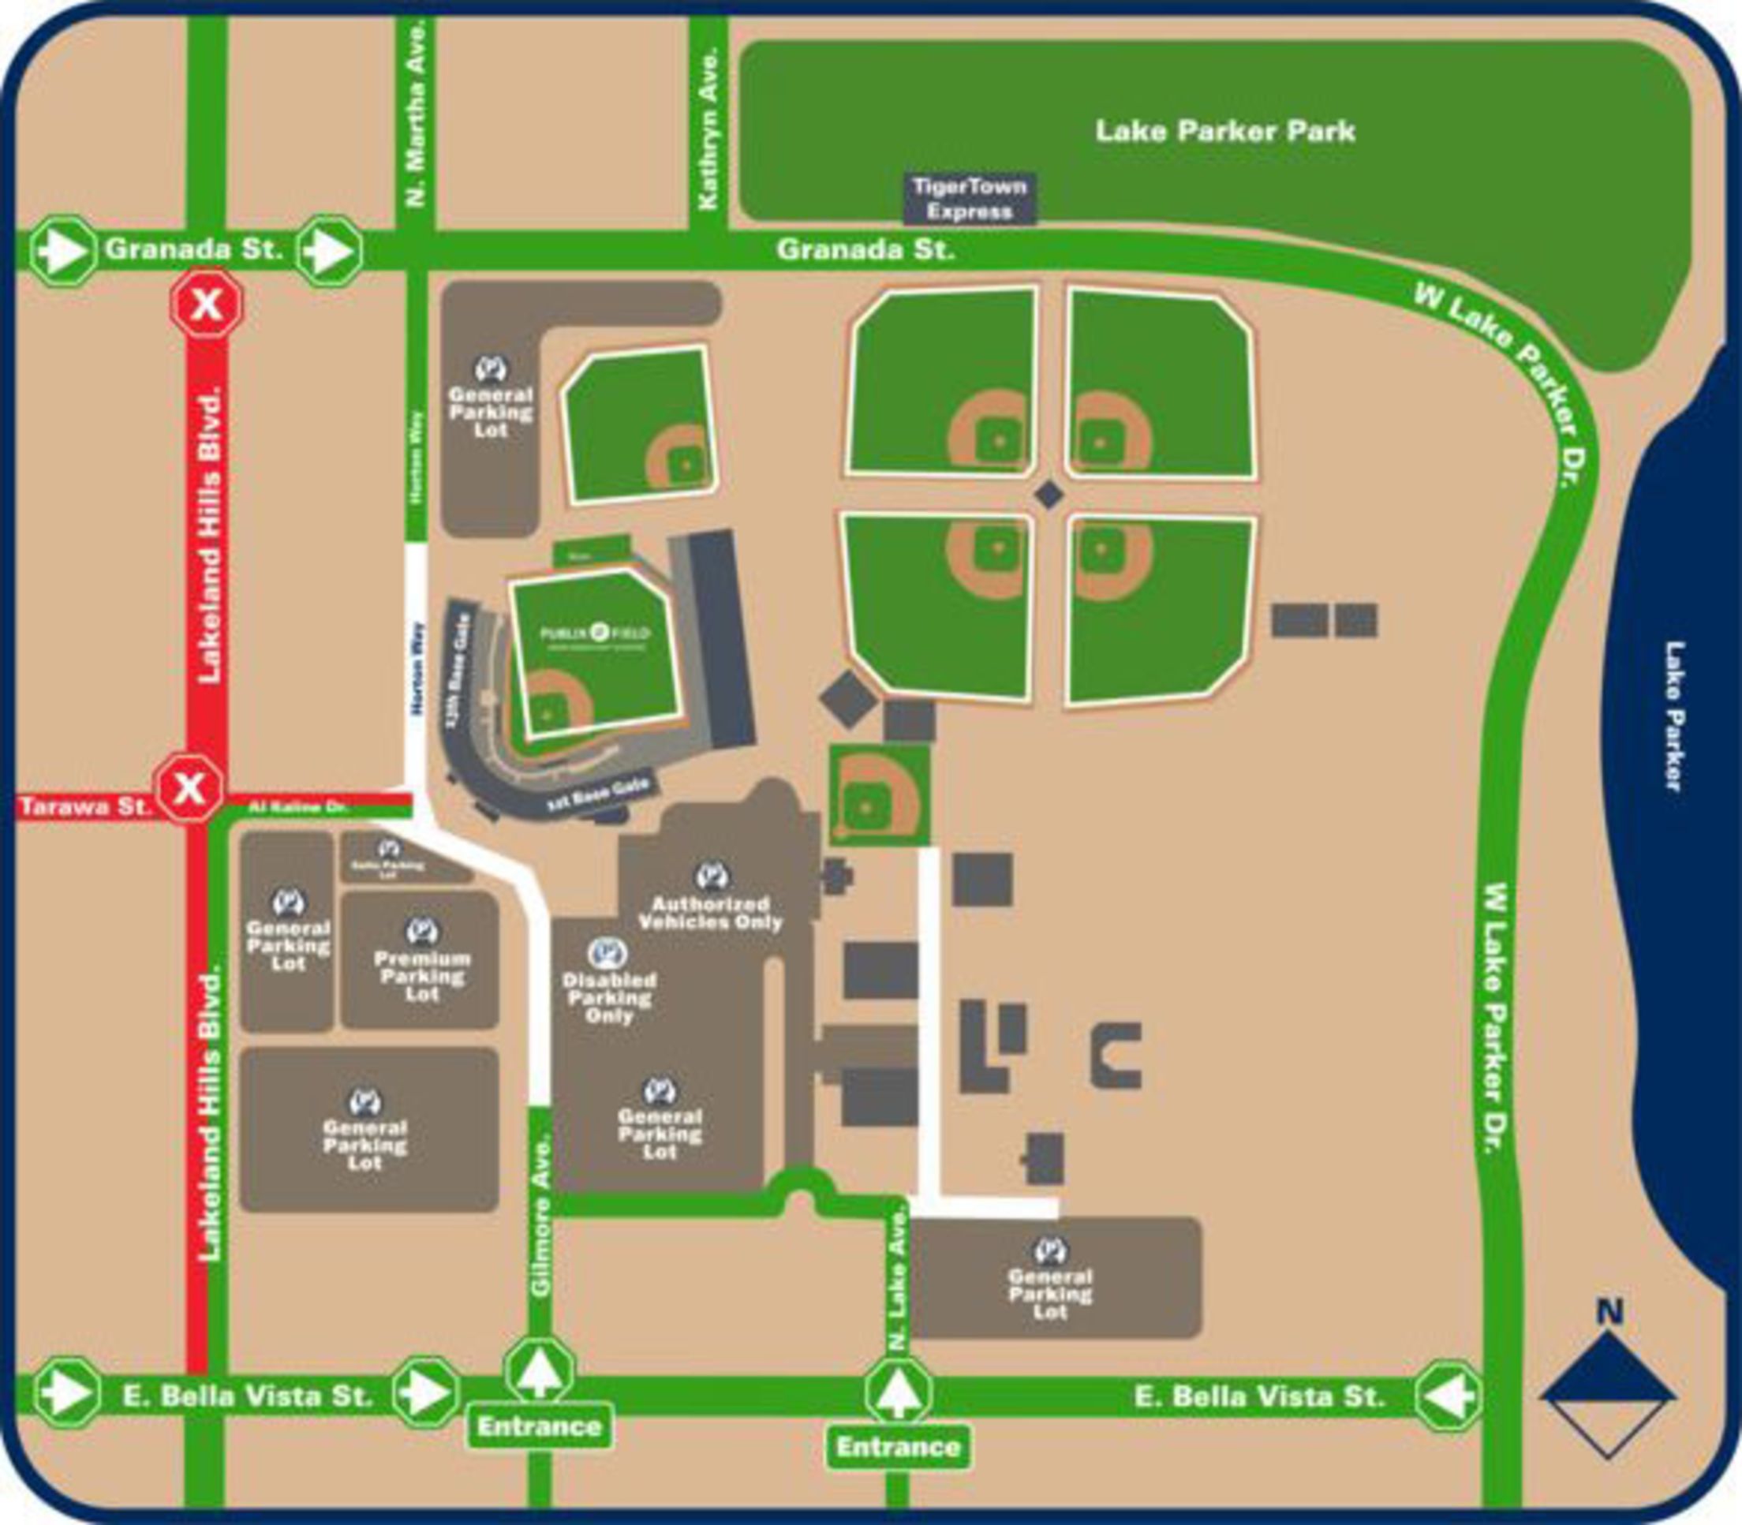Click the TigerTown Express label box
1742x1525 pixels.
pyautogui.click(x=970, y=199)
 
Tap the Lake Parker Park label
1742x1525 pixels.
pyautogui.click(x=1224, y=131)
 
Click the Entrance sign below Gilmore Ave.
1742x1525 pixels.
pyautogui.click(x=540, y=1426)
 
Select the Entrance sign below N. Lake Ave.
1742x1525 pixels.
pyautogui.click(x=899, y=1447)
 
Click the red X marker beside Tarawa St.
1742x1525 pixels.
pyautogui.click(x=189, y=787)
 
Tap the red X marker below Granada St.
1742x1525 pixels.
pyautogui.click(x=207, y=304)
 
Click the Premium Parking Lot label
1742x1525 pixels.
pyautogui.click(x=422, y=975)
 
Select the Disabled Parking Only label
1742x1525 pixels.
pyautogui.click(x=608, y=997)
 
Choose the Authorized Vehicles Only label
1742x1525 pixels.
pyautogui.click(x=711, y=913)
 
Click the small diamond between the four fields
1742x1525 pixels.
pyautogui.click(x=1049, y=495)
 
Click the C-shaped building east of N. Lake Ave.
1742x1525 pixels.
pyautogui.click(x=1116, y=1056)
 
